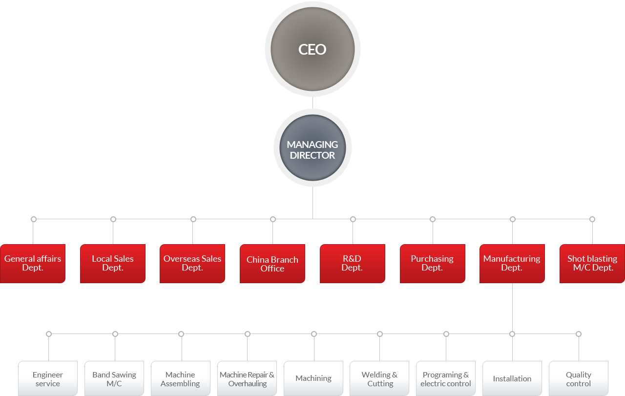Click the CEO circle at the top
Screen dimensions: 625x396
click(x=312, y=49)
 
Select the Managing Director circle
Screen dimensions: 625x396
click(x=312, y=147)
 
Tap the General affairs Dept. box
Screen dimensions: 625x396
click(x=33, y=264)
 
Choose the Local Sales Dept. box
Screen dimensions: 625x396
click(x=113, y=264)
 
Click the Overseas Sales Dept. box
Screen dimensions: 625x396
click(x=192, y=264)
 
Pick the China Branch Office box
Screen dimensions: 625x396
click(x=272, y=264)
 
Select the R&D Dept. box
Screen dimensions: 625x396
click(x=353, y=264)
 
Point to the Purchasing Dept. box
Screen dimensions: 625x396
click(x=433, y=264)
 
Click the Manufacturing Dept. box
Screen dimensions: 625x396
click(x=512, y=264)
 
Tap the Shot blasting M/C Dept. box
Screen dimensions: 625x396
click(x=592, y=264)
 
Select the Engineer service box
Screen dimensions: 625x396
click(x=48, y=378)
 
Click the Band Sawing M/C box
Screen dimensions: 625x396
click(x=114, y=378)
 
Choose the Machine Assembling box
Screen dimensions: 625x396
click(x=181, y=378)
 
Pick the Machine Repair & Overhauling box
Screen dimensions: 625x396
click(x=247, y=378)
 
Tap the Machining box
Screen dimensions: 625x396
click(x=313, y=378)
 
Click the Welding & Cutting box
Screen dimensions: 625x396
click(x=379, y=378)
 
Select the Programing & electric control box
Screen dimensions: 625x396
click(x=446, y=378)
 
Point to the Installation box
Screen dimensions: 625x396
click(x=512, y=378)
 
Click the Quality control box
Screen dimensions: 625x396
click(x=579, y=378)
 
